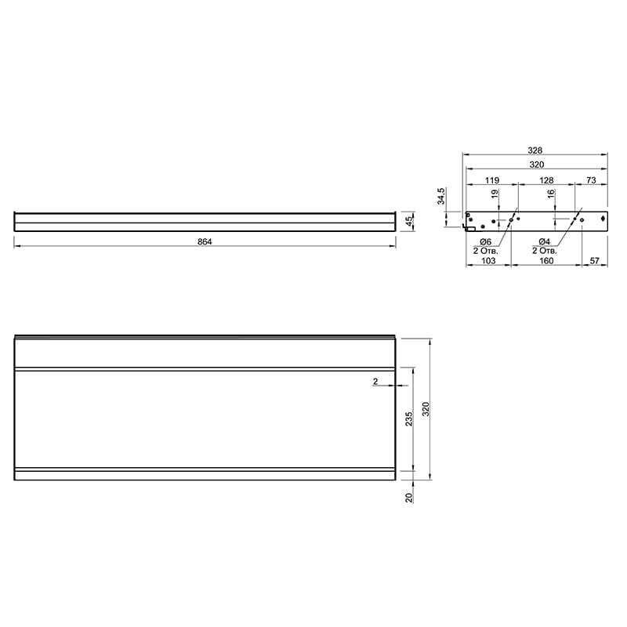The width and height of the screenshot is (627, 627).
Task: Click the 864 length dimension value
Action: click(x=205, y=241)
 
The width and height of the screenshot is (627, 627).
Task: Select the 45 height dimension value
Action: click(x=409, y=222)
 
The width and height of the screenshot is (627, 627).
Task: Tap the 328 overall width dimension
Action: click(x=535, y=150)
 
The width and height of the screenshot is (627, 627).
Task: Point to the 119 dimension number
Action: click(x=492, y=180)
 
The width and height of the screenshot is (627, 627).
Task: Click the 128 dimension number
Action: click(x=546, y=180)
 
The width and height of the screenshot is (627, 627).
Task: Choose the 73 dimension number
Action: click(x=591, y=180)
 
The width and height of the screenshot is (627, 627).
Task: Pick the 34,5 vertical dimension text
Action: click(x=440, y=196)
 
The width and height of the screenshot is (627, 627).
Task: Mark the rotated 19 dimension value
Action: click(x=495, y=194)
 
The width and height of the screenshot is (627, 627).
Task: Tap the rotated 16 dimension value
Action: click(x=551, y=194)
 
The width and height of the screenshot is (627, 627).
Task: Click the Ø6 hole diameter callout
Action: click(x=484, y=242)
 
